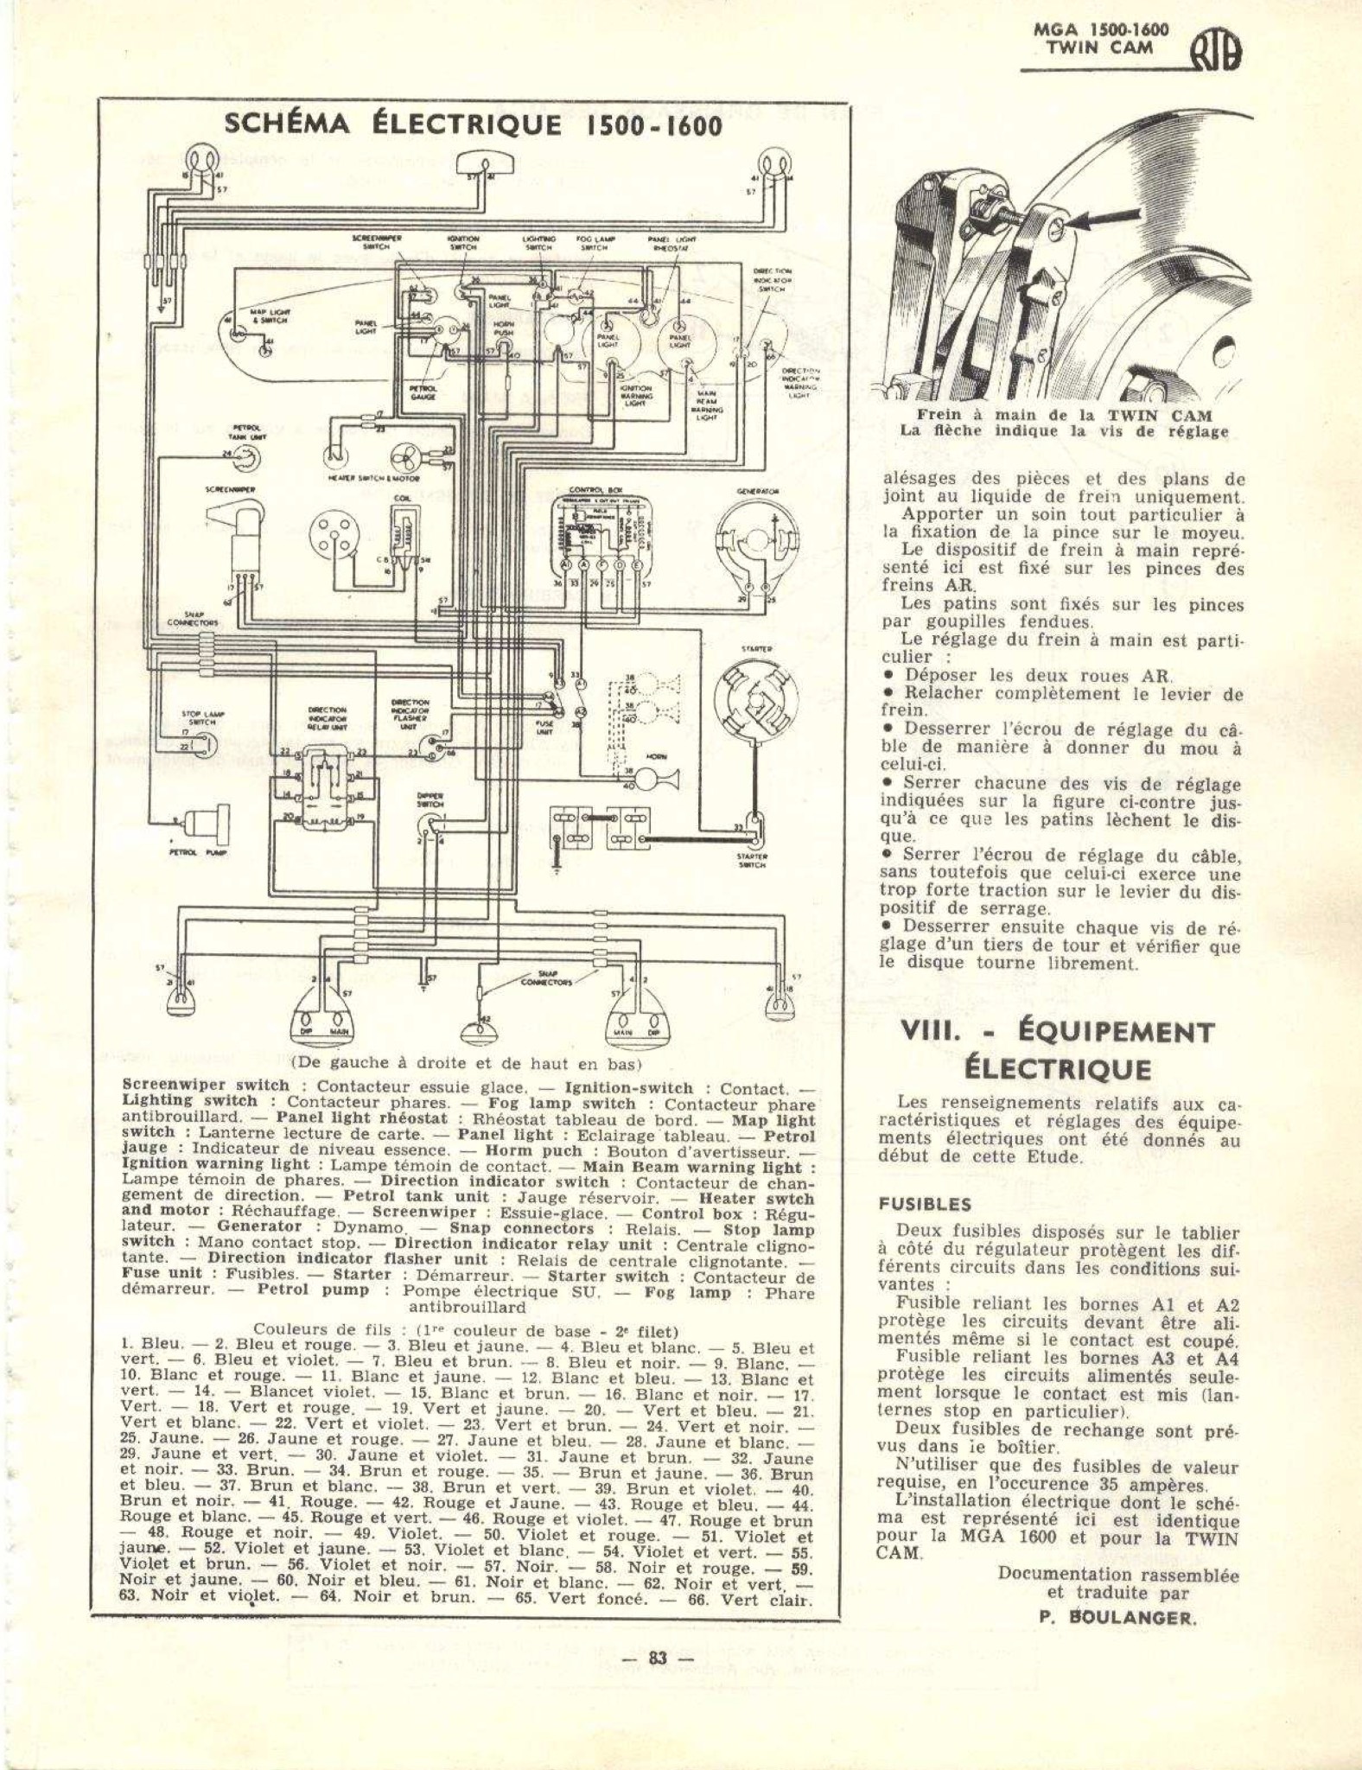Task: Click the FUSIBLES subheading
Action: (925, 1204)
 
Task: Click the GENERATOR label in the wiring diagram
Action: (759, 491)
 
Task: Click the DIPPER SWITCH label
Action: (430, 800)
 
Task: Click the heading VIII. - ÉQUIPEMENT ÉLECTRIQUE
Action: (1058, 1050)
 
